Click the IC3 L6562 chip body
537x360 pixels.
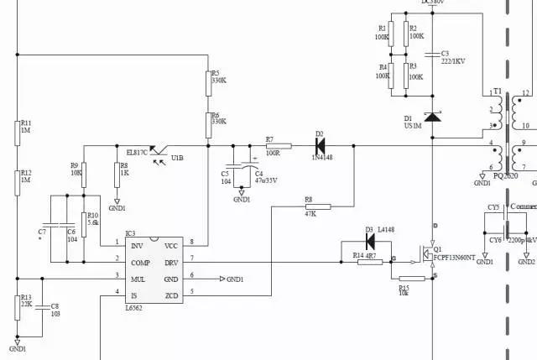coord(154,270)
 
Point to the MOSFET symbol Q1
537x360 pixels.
coord(429,253)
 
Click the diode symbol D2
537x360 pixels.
coord(320,145)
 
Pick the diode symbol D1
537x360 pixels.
coord(432,117)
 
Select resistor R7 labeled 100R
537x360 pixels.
coord(272,145)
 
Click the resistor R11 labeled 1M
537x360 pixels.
coord(18,133)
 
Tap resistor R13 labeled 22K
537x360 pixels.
coord(18,308)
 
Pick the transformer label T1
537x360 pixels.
coord(497,92)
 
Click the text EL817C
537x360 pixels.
coord(137,152)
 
